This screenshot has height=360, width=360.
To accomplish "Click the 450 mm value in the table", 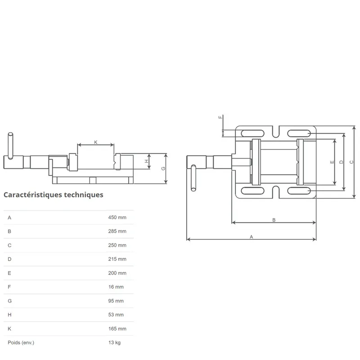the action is tap(117, 217).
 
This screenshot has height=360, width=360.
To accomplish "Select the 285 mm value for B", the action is tap(117, 231).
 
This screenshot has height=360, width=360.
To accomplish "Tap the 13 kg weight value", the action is tap(114, 342).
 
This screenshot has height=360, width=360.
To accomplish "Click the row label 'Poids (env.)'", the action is tap(21, 342).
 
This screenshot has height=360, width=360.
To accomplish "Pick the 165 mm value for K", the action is tap(117, 328).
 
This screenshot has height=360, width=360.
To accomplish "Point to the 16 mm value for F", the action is tap(116, 287).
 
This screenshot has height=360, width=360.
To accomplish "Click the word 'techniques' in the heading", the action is tap(84, 195).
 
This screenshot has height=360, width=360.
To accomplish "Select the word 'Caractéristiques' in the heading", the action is tap(33, 195).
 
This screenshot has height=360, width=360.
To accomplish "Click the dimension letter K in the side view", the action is tap(96, 142).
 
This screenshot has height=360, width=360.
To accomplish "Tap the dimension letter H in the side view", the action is tap(147, 161).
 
